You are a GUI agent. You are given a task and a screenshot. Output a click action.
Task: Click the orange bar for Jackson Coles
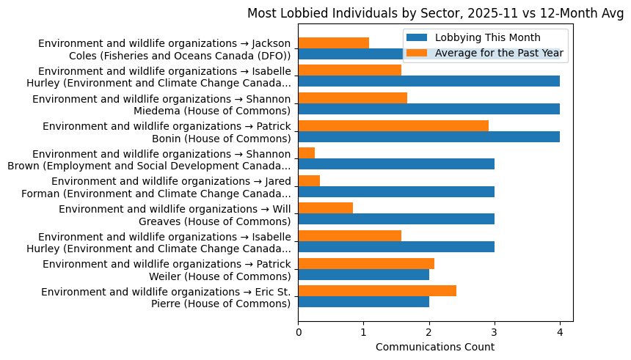coord(333,43)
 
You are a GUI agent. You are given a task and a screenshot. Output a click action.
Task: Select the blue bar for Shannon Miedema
coord(428,109)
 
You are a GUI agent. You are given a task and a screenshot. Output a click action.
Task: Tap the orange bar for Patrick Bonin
coord(393,125)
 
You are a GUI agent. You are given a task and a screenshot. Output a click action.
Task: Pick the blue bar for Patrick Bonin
coord(428,136)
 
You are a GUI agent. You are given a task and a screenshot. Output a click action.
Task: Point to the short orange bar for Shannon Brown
coord(307,153)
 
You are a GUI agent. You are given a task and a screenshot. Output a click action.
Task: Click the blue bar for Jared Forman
coord(396,191)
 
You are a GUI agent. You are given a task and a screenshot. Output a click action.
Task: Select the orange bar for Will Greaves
coord(325,207)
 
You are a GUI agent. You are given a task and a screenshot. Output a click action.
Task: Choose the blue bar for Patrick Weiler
coord(363,274)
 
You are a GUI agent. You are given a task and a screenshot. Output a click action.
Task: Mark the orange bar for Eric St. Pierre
coord(377,290)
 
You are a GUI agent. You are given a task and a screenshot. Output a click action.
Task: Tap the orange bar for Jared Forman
coord(309,180)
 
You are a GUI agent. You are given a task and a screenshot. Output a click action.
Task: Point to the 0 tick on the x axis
coord(299,332)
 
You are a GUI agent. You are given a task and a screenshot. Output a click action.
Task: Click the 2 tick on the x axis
coord(429,332)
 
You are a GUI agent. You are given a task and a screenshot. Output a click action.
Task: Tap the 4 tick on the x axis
coord(560,332)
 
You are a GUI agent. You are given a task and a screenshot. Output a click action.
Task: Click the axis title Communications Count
coord(435,347)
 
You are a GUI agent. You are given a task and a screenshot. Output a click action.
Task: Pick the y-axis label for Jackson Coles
coord(164,50)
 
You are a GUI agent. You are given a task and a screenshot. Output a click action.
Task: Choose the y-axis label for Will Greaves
coord(175,215)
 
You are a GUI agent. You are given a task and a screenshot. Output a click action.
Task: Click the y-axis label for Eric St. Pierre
coord(166,298)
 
